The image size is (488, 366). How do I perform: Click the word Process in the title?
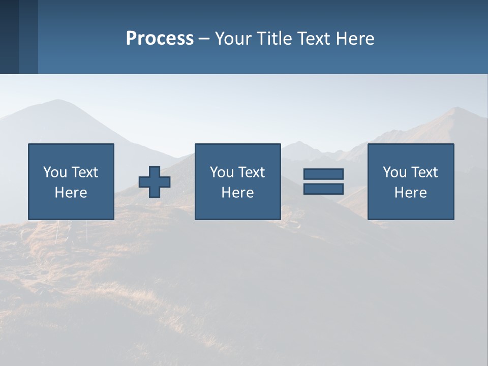(160, 39)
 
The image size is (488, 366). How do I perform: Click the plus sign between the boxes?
(155, 182)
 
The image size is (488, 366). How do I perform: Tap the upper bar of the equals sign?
(323, 174)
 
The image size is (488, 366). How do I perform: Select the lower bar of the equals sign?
(323, 189)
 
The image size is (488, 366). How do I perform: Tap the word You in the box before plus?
(54, 172)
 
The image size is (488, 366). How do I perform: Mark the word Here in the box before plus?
(71, 193)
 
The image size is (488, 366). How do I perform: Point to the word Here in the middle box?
(237, 193)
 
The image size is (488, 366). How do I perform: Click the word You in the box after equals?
(394, 172)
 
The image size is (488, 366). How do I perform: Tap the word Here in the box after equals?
(410, 193)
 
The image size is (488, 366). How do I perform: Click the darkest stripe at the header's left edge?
(9, 37)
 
